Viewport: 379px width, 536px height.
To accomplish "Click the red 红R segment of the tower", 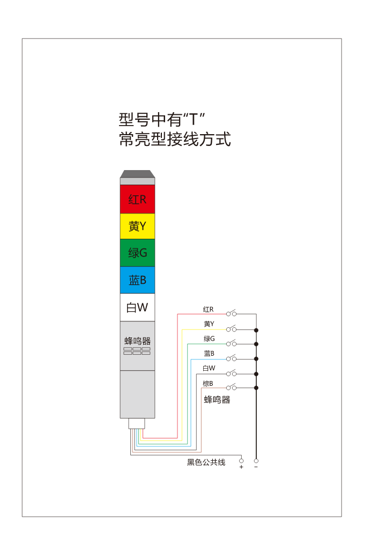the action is pos(137,199).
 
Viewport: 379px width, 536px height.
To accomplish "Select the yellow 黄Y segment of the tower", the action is pos(137,226).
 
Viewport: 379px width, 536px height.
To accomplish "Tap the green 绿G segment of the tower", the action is pos(137,253).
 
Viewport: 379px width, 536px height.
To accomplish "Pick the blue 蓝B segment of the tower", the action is pos(137,280).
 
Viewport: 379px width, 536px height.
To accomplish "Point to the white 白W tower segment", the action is pos(137,307).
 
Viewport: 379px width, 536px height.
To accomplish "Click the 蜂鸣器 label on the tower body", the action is pos(137,341).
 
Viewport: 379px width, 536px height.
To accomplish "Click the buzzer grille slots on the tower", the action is pos(137,351).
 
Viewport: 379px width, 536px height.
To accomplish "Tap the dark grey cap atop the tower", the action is pos(137,174).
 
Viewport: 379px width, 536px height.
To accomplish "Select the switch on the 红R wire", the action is pos(231,313).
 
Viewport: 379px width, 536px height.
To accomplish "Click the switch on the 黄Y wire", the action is pos(231,328).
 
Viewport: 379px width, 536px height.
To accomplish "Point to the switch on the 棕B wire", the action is pos(231,387).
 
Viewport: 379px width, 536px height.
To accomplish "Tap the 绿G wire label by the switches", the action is pos(209,339).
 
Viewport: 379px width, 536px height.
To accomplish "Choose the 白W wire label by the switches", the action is pos(209,368).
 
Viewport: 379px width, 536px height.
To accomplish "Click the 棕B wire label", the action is pos(208,384).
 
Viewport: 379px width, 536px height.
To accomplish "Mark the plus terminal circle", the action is pos(241,461).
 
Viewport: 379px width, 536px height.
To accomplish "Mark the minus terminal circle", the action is pos(256,461).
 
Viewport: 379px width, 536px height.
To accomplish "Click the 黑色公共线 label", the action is pos(206,462).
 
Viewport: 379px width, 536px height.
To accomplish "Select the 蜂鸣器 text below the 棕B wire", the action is pos(217,400).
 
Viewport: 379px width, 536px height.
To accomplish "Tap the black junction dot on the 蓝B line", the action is pos(256,359).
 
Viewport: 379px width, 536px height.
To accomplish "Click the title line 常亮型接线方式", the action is pos(175,139).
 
